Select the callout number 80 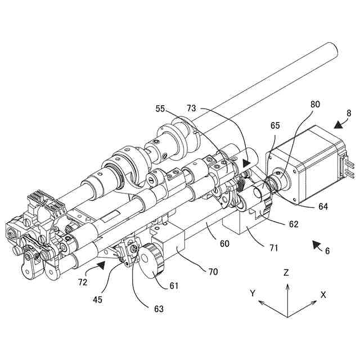(314, 104)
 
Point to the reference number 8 (349, 113)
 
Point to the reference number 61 (173, 286)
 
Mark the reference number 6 (327, 251)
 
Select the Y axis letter (253, 293)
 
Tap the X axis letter (323, 294)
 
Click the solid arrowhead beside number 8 (337, 124)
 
